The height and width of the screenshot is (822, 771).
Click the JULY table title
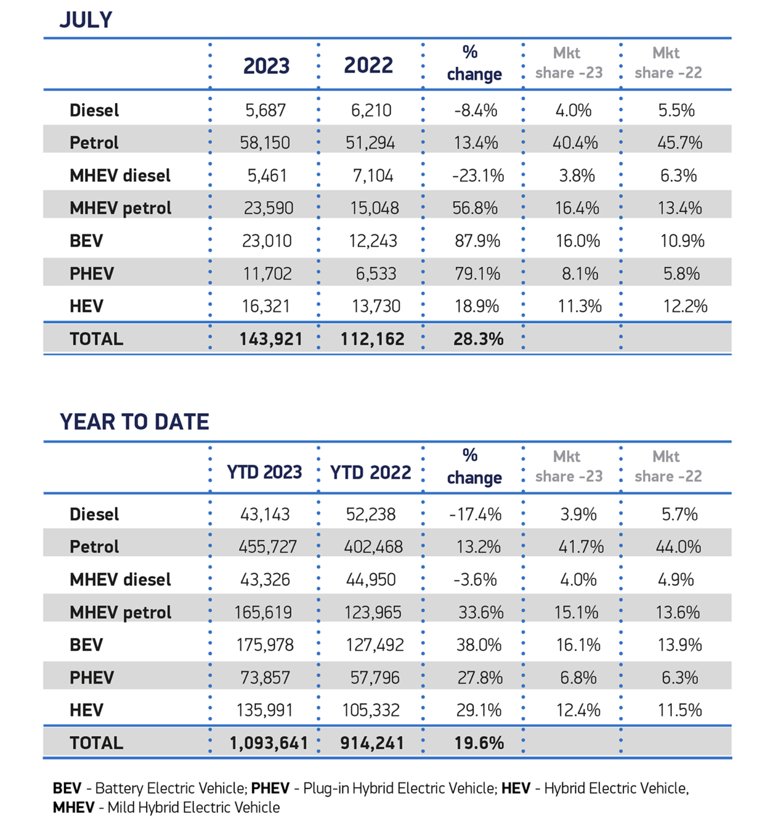[x=86, y=20]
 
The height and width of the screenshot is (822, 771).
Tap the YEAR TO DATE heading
[x=134, y=422]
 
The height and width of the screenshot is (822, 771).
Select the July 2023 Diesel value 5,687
[x=265, y=110]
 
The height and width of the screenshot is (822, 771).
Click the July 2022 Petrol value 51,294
[x=370, y=142]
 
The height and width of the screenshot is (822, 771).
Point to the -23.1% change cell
[x=478, y=175]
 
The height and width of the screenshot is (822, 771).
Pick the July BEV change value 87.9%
[x=477, y=241]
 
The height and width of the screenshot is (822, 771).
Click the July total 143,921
[x=271, y=339]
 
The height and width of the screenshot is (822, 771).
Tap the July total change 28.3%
[x=478, y=339]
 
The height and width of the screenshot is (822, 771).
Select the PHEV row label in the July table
[x=92, y=273]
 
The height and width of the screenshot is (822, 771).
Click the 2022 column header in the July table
[x=368, y=65]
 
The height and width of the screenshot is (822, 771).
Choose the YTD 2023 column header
[x=264, y=472]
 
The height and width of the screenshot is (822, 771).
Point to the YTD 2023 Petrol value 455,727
[x=268, y=546]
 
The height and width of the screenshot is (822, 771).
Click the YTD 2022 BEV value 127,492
[x=375, y=645]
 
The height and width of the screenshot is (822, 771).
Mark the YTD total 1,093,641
[x=269, y=743]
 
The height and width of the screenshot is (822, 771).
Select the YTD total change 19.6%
[x=479, y=743]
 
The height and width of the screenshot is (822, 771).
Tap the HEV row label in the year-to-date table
[x=86, y=710]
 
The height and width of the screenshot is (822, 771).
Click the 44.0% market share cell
[x=678, y=546]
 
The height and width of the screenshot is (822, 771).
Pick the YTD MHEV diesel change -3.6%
[x=475, y=580]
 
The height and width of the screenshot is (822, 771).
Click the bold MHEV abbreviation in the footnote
[x=74, y=807]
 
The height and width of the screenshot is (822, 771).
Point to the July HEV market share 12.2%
[x=685, y=306]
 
